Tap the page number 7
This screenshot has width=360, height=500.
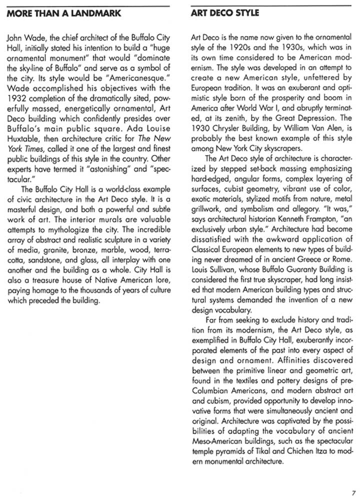pos(353,492)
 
